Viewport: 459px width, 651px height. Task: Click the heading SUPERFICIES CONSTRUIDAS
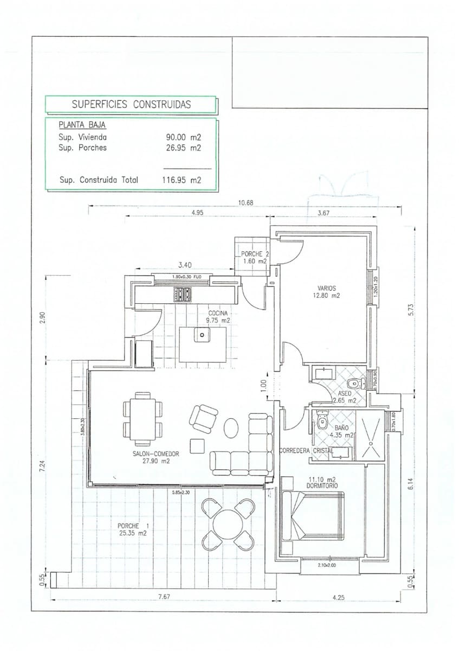(x=131, y=105)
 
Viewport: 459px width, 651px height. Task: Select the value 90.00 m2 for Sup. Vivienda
(x=183, y=138)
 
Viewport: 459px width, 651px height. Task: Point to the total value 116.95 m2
(x=182, y=180)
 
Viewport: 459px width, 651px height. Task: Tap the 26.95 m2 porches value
(x=183, y=148)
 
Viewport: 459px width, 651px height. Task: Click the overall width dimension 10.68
(x=246, y=203)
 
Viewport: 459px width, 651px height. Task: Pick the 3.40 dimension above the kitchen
(x=185, y=265)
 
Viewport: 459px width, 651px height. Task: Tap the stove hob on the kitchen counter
(x=182, y=295)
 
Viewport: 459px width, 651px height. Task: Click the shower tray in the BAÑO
(x=372, y=435)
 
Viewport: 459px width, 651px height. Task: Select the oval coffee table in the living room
(x=231, y=427)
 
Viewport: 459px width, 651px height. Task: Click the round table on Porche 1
(x=228, y=525)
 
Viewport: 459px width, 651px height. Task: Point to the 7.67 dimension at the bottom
(x=164, y=597)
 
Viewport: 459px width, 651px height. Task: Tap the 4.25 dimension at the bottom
(x=338, y=597)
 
